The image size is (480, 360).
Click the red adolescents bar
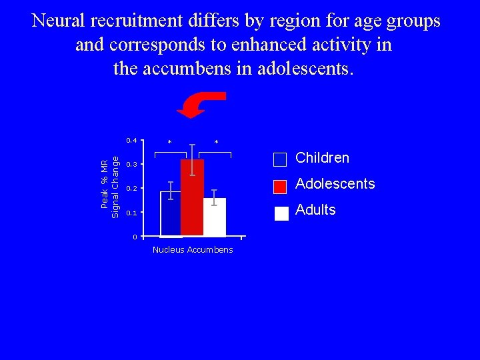click(192, 200)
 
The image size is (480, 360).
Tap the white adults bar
click(215, 219)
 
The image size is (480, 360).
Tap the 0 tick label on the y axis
click(134, 237)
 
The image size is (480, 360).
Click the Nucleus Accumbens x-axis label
click(193, 250)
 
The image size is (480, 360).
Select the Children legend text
click(322, 158)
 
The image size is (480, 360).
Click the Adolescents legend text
click(335, 184)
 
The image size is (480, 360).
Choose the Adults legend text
click(315, 210)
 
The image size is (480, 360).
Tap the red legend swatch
click(281, 186)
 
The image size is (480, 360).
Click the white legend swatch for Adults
click(281, 213)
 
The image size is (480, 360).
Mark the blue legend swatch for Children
click(280, 160)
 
